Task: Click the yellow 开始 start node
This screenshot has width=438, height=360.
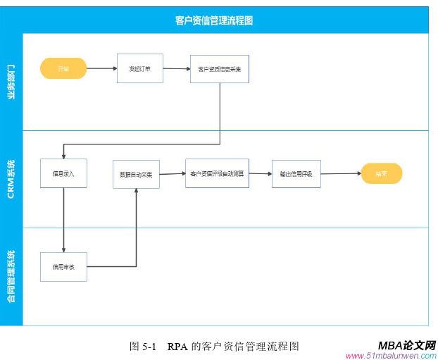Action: (63, 69)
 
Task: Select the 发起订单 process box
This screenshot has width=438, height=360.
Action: (139, 68)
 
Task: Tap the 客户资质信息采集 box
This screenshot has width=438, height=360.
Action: (219, 69)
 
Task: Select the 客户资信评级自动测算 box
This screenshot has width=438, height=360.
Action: (217, 173)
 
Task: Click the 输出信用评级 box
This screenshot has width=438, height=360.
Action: (296, 173)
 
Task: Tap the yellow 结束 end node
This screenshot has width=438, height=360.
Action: (381, 173)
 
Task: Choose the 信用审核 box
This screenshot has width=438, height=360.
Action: (63, 267)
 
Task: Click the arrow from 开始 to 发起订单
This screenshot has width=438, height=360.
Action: (101, 69)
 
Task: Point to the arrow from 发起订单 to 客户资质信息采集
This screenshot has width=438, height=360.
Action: (176, 69)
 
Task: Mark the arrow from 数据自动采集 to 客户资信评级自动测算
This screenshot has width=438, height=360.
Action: (173, 174)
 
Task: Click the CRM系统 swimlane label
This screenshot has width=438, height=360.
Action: (11, 179)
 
